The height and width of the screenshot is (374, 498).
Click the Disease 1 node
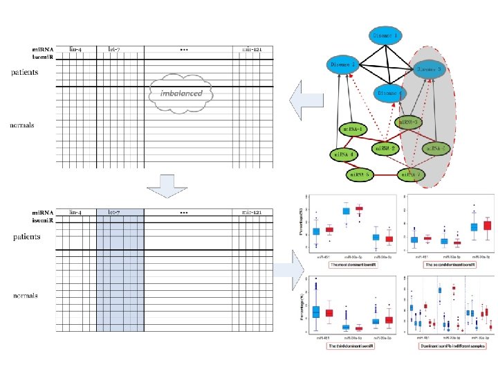[386, 35]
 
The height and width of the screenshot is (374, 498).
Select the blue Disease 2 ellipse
[343, 65]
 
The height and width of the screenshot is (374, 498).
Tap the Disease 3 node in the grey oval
[434, 70]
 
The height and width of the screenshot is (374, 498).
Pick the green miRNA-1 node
[354, 129]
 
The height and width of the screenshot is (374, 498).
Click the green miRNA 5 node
[360, 175]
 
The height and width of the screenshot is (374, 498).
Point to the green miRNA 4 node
[344, 154]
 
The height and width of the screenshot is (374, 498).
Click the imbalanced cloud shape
[181, 93]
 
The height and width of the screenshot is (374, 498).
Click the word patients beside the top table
[24, 72]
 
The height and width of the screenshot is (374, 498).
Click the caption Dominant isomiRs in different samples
[448, 345]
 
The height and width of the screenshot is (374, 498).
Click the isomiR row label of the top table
[42, 57]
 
